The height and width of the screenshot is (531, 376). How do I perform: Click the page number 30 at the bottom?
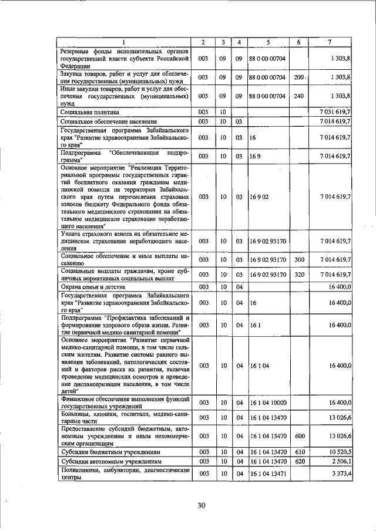point(202,506)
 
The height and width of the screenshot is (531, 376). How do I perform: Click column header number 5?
point(267,42)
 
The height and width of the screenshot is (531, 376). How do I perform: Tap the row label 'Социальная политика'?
point(90,111)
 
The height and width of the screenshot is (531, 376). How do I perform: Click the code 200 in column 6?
point(299,77)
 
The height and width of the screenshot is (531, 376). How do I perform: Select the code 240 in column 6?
point(298,95)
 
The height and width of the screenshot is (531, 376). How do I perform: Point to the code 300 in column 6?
point(299,259)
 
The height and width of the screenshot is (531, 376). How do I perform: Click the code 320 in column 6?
point(299,274)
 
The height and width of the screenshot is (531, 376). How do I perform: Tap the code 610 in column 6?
point(298,452)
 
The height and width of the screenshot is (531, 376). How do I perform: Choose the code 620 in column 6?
point(298,462)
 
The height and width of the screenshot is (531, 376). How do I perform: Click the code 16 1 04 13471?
point(268,473)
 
